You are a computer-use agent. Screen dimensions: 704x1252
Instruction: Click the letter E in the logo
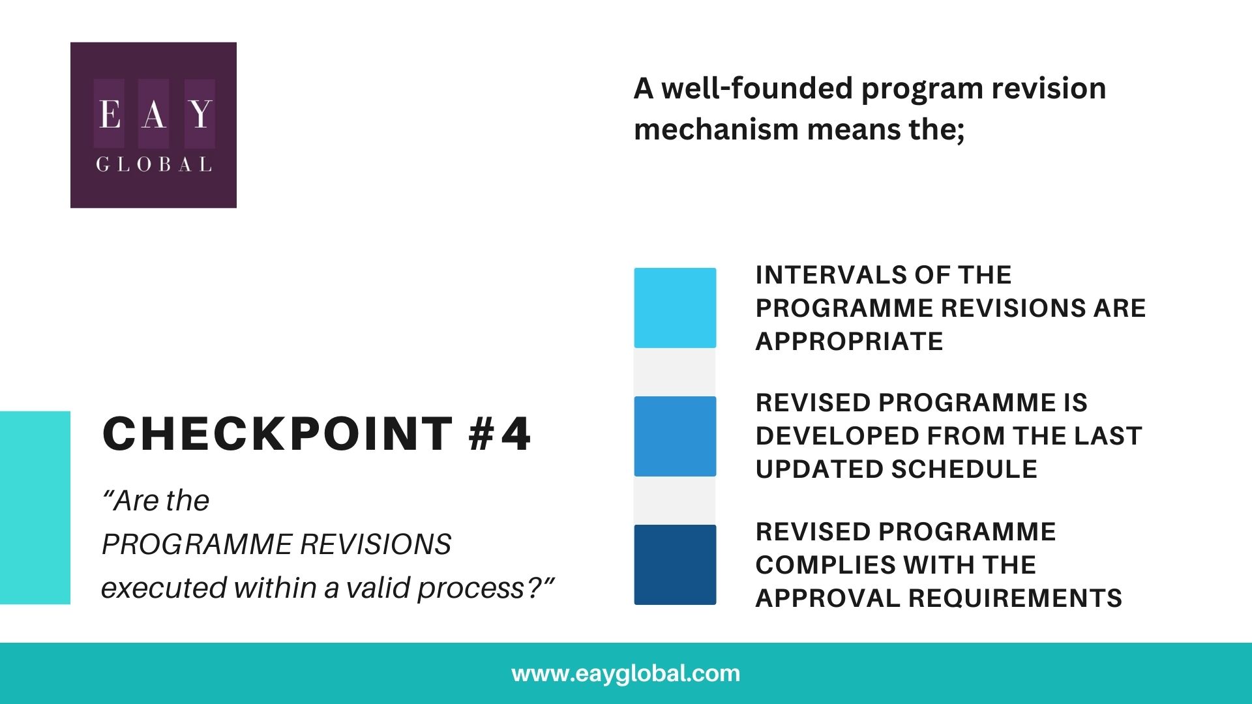point(110,114)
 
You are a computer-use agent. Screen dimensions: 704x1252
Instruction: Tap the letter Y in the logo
point(200,114)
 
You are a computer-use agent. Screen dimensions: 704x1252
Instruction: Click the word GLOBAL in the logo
point(154,164)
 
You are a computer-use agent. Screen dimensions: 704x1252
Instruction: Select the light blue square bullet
point(675,308)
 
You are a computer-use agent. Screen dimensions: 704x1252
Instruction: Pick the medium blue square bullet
point(675,436)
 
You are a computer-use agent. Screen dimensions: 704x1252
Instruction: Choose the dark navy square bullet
point(675,565)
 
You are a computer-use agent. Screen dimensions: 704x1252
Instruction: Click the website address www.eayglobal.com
point(626,673)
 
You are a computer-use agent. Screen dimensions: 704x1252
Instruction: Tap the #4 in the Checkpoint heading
point(499,434)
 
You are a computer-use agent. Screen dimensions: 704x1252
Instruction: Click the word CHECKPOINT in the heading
point(278,434)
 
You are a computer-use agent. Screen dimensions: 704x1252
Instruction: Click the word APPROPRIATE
point(849,342)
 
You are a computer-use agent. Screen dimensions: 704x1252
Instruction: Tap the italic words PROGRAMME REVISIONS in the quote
point(276,544)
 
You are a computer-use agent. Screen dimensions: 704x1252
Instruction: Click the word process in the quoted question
point(471,588)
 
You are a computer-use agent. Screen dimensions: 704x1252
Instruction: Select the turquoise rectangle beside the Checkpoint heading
point(35,507)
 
